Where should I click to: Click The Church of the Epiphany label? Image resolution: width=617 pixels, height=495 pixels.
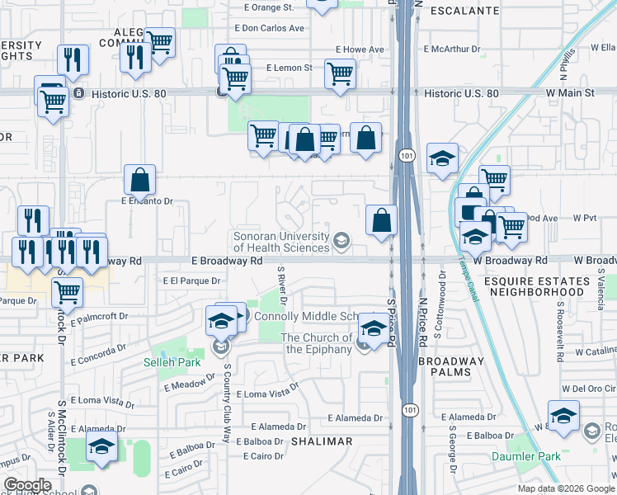pyautogui.click(x=316, y=343)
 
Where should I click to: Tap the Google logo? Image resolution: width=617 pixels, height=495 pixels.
pyautogui.click(x=26, y=485)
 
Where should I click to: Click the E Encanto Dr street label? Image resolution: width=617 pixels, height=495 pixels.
pyautogui.click(x=147, y=200)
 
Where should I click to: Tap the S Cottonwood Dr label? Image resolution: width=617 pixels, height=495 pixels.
pyautogui.click(x=442, y=292)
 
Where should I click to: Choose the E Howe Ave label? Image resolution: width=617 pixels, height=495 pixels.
pyautogui.click(x=359, y=49)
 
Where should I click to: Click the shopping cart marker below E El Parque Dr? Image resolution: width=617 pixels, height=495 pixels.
pyautogui.click(x=67, y=291)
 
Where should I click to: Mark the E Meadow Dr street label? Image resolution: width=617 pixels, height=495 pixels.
pyautogui.click(x=190, y=384)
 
